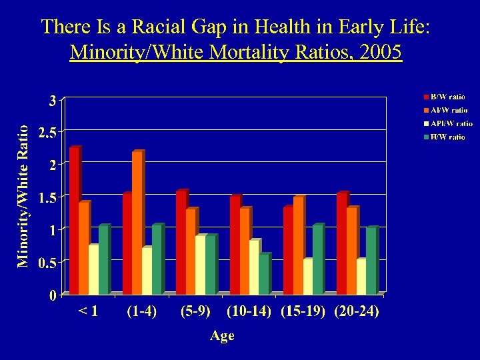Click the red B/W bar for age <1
pos(73,221)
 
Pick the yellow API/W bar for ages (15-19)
pos(307,277)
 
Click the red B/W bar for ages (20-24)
pos(341,243)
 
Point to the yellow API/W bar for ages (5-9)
pos(200,265)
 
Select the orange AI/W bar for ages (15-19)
pos(297,245)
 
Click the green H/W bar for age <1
pos(103,260)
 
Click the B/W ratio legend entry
pos(447,97)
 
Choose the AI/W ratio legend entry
pos(447,111)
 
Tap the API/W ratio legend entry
pos(450,123)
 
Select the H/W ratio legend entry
pos(447,137)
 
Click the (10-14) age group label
pos(248,312)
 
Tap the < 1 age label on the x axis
pos(88,312)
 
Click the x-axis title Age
pos(222,336)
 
